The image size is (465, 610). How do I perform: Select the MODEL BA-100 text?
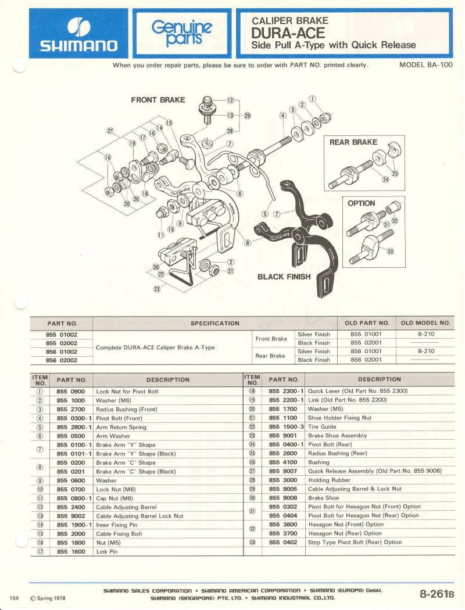(x=425, y=65)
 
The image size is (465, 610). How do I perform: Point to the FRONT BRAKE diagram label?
(x=158, y=100)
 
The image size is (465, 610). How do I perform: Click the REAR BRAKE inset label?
(x=353, y=142)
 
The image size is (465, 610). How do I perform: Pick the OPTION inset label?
(x=361, y=204)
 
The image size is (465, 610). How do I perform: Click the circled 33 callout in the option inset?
(x=390, y=252)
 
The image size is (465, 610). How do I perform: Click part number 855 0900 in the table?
(x=71, y=392)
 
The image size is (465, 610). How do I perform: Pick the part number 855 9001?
(x=283, y=436)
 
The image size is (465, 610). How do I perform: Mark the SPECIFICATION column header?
(x=215, y=323)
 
